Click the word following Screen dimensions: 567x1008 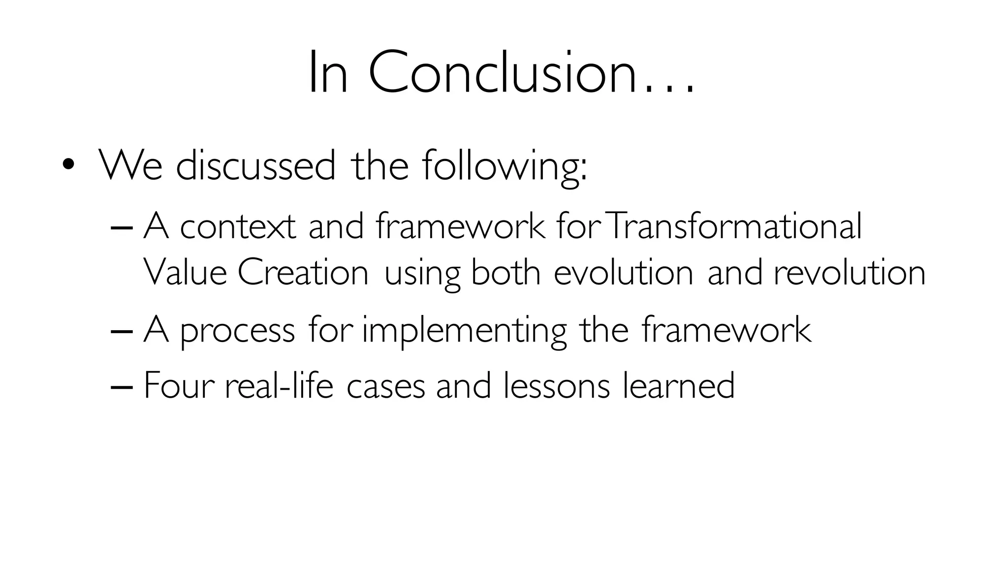pyautogui.click(x=504, y=166)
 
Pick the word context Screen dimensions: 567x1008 pyautogui.click(x=238, y=227)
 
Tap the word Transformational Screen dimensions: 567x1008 pyautogui.click(x=734, y=227)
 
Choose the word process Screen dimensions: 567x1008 pyautogui.click(x=238, y=331)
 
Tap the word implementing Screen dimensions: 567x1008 pyautogui.click(x=464, y=331)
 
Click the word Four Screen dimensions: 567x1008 pyautogui.click(x=179, y=385)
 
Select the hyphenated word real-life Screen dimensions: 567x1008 pyautogui.click(x=279, y=385)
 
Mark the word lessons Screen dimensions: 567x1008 pyautogui.click(x=557, y=385)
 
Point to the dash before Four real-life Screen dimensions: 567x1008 pyautogui.click(x=122, y=387)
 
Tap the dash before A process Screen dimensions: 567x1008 pyautogui.click(x=122, y=332)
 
